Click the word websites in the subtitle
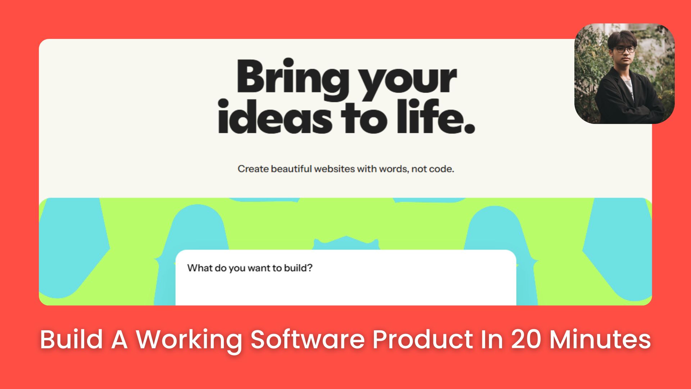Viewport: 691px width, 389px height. tap(334, 169)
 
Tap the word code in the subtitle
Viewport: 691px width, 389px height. tap(442, 169)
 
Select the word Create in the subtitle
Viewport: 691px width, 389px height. tap(253, 169)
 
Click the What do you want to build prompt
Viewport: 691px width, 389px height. tap(249, 268)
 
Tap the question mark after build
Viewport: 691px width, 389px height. tap(310, 268)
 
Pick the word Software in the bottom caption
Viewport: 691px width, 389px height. tap(308, 339)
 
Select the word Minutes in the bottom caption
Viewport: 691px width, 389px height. tap(600, 339)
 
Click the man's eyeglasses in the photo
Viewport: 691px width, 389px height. tap(624, 50)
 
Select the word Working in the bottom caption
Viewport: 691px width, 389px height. tap(189, 339)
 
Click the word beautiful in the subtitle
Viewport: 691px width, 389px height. tap(291, 169)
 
